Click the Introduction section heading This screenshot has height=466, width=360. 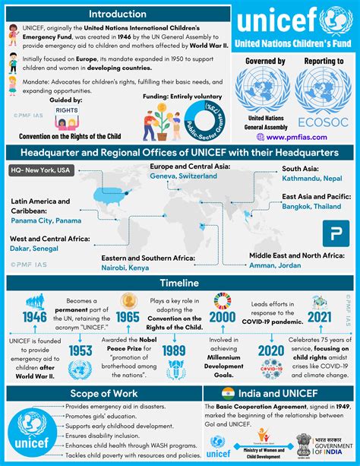pos(117,14)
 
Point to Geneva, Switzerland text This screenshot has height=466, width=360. pos(183,176)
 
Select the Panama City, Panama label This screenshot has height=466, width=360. pos(46,220)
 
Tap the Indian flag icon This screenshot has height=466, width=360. pos(228,393)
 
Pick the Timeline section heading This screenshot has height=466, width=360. pos(179,283)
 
